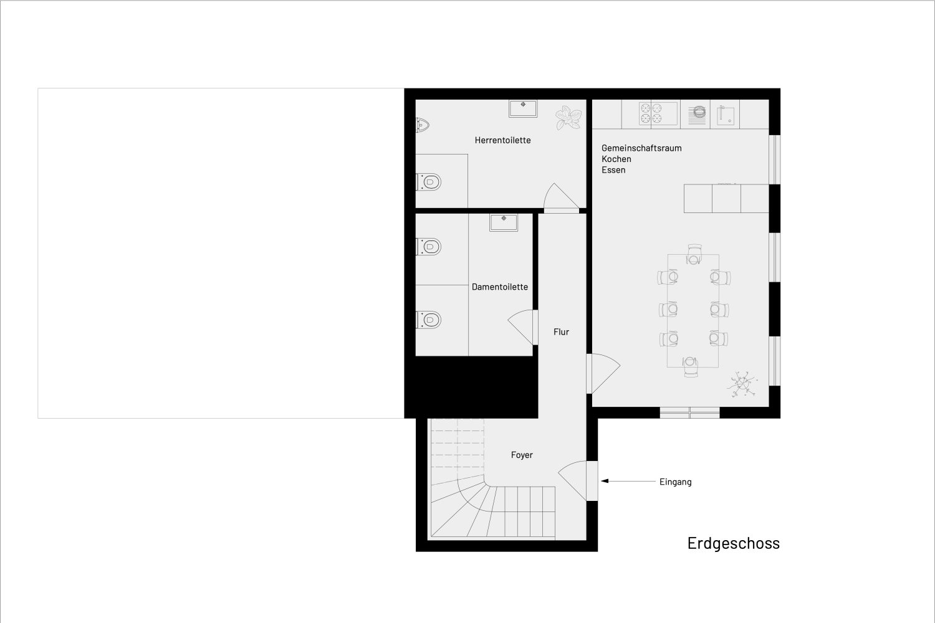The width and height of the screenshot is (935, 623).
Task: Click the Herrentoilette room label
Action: (x=502, y=140)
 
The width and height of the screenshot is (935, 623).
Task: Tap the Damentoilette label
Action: (x=499, y=287)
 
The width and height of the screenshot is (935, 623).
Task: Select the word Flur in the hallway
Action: (x=561, y=332)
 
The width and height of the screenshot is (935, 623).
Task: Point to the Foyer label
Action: (x=522, y=455)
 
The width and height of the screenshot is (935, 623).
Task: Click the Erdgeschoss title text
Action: (x=733, y=543)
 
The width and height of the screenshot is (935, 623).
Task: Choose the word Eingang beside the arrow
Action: (x=675, y=482)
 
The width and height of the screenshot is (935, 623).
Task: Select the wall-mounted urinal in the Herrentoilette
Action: (x=422, y=125)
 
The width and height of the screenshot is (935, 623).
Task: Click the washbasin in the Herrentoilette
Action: (x=522, y=108)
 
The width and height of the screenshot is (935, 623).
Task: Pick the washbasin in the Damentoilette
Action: (x=503, y=222)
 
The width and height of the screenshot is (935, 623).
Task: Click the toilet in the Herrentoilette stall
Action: (x=429, y=182)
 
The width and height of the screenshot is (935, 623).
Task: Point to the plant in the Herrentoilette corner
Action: (x=568, y=117)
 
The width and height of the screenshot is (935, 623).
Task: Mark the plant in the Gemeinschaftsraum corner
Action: (x=742, y=384)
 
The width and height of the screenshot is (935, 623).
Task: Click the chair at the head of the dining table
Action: (x=694, y=254)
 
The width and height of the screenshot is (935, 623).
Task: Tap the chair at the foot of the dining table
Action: (x=690, y=366)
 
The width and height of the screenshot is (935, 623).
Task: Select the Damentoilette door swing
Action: (x=522, y=326)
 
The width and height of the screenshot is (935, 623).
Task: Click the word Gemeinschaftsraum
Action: (x=641, y=148)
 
